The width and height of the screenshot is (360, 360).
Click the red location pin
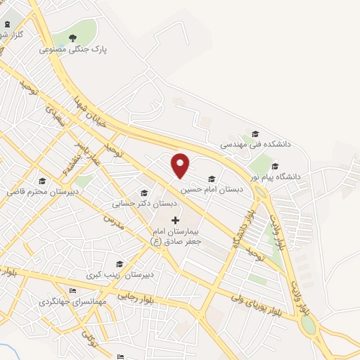point(181,165)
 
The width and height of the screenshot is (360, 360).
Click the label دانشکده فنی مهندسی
point(255,143)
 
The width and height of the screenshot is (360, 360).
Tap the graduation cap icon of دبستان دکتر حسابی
point(145,193)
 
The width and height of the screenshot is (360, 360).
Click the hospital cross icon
point(175,220)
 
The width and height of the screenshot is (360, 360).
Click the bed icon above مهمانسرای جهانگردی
point(73,291)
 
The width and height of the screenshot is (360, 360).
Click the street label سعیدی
point(56,116)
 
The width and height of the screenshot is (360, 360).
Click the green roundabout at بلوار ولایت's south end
point(308,326)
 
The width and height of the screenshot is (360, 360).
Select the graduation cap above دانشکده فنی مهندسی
point(255,134)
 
